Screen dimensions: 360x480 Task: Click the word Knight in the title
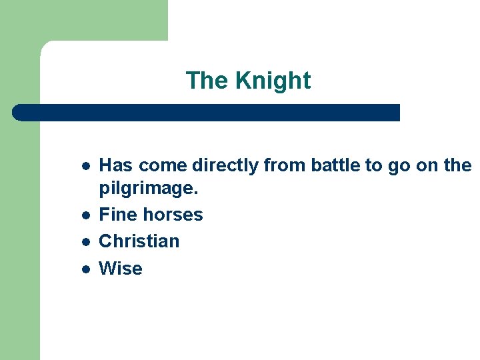[273, 81]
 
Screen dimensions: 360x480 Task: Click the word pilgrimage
[148, 189]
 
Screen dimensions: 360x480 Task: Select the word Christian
[139, 241]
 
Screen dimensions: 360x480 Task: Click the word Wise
[121, 268]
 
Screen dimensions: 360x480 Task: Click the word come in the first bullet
[163, 165]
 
